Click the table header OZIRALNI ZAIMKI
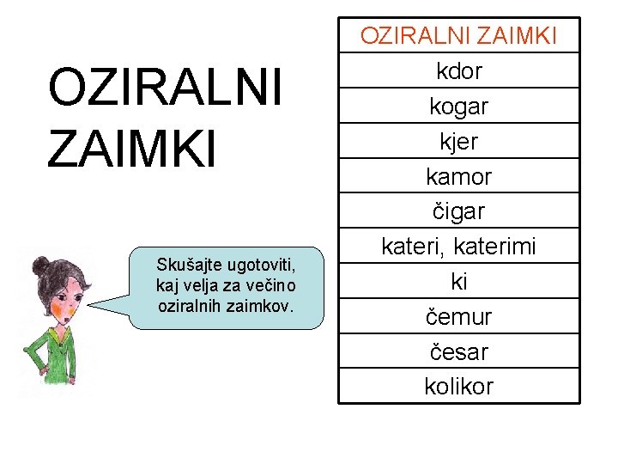tap(458, 35)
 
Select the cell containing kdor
tap(458, 70)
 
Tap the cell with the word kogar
tap(458, 106)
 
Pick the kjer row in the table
tap(458, 141)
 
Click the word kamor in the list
tap(458, 176)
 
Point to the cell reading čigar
tap(458, 211)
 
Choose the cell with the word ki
tap(458, 282)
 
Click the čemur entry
tap(458, 317)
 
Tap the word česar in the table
tap(458, 352)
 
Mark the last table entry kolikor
tap(458, 387)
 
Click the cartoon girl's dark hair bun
tap(39, 266)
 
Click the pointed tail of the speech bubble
tap(99, 304)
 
